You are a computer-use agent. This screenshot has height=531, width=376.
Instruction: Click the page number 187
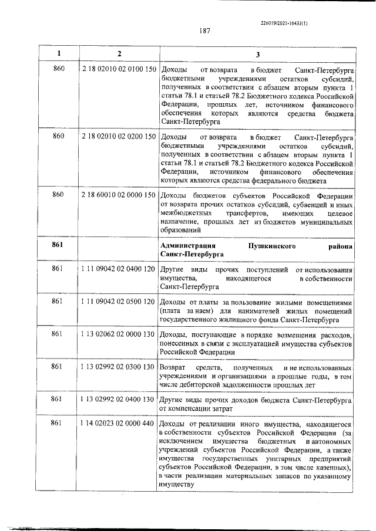(205, 31)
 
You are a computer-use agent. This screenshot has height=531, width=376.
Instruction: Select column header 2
(119, 54)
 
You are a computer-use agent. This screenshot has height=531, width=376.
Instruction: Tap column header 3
(257, 54)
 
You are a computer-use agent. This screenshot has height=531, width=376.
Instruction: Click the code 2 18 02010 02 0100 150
(119, 70)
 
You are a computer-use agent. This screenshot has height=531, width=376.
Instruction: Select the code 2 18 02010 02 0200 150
(119, 137)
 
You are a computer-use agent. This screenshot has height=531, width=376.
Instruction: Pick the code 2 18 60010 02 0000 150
(119, 195)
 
